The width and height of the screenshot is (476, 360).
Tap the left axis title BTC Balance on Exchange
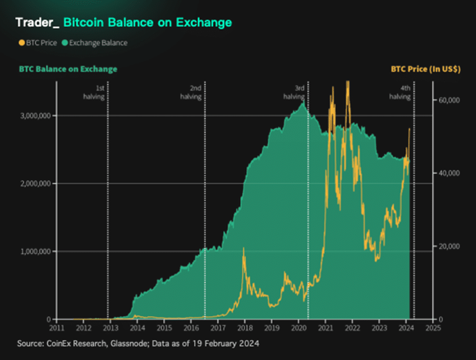pos(68,70)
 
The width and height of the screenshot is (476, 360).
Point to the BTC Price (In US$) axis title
pos(425,70)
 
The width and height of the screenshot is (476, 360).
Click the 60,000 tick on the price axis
pos(448,100)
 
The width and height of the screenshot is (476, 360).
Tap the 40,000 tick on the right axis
pos(448,173)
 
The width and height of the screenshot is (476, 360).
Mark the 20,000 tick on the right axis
pos(448,247)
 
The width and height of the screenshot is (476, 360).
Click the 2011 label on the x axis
pos(56,329)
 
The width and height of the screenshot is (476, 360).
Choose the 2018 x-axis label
pos(244,329)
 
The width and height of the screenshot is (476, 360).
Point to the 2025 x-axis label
pos(433,329)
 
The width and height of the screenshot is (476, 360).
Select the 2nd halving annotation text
pos(193,92)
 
